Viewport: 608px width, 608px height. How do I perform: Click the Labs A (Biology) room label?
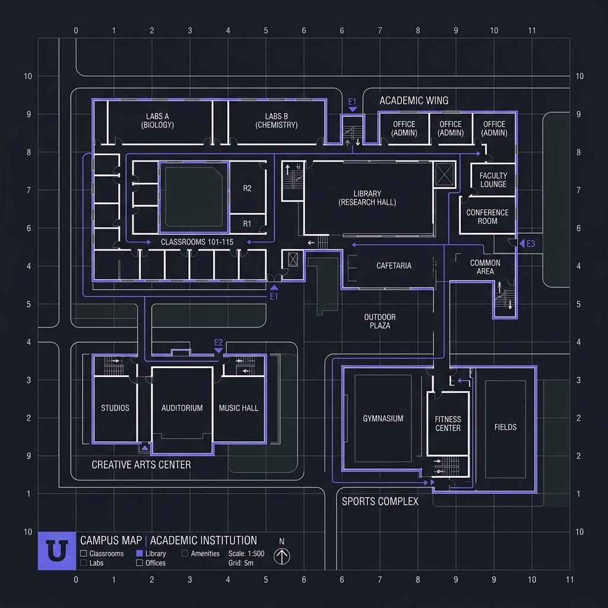pyautogui.click(x=157, y=121)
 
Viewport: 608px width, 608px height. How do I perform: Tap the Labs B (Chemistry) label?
pyautogui.click(x=277, y=121)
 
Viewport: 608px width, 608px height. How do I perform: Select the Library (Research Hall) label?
pyautogui.click(x=367, y=198)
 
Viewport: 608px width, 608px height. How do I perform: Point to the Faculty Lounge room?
pyautogui.click(x=493, y=180)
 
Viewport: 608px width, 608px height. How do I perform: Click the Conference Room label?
pyautogui.click(x=487, y=217)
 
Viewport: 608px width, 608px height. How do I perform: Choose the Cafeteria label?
pyautogui.click(x=394, y=265)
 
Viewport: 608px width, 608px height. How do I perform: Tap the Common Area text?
pyautogui.click(x=485, y=267)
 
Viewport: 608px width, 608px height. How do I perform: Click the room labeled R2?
pyautogui.click(x=248, y=188)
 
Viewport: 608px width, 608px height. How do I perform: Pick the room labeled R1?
pyautogui.click(x=247, y=224)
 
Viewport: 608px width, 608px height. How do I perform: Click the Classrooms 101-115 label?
pyautogui.click(x=197, y=242)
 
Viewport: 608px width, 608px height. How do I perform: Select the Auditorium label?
pyautogui.click(x=182, y=408)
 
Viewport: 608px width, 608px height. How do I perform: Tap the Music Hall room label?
pyautogui.click(x=239, y=408)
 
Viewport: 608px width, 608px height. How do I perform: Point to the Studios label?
pyautogui.click(x=115, y=408)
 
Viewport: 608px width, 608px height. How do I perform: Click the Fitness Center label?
pyautogui.click(x=448, y=424)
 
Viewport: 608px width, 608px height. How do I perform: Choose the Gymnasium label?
pyautogui.click(x=383, y=419)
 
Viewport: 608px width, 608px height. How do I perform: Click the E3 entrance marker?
pyautogui.click(x=527, y=243)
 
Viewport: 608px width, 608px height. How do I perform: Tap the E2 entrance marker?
pyautogui.click(x=218, y=346)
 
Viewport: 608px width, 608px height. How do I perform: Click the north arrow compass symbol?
pyautogui.click(x=282, y=556)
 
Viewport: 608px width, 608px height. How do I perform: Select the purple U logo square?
pyautogui.click(x=57, y=551)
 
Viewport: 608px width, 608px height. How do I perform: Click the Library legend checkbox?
pyautogui.click(x=140, y=553)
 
